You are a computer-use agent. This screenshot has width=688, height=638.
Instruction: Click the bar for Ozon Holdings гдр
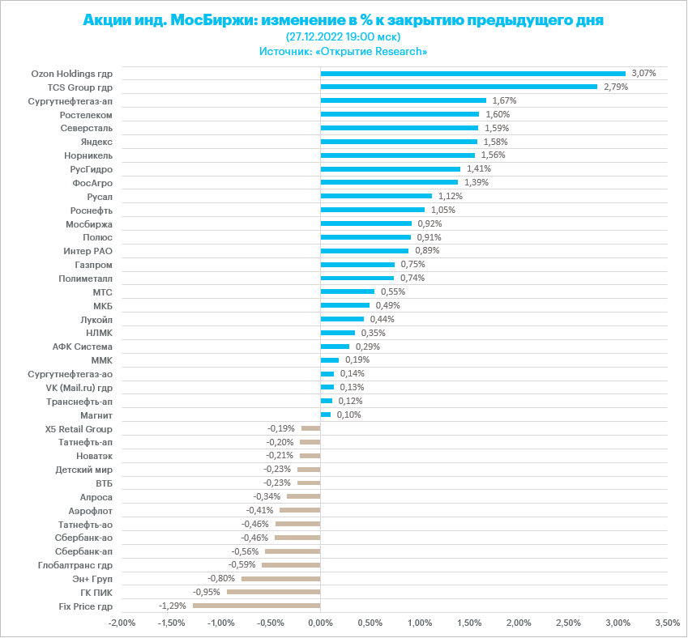pyautogui.click(x=473, y=74)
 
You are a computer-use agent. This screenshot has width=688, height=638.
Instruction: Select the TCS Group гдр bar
pyautogui.click(x=459, y=87)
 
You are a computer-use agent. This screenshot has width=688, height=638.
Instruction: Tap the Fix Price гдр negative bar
pyautogui.click(x=257, y=606)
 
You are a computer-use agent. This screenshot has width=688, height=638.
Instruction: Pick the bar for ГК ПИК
pyautogui.click(x=274, y=592)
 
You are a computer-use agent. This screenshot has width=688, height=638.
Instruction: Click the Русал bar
pyautogui.click(x=376, y=197)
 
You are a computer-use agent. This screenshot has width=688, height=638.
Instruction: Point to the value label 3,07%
pyautogui.click(x=643, y=73)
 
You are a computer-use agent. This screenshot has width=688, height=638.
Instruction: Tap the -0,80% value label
pyautogui.click(x=221, y=578)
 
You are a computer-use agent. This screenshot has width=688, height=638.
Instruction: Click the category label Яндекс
pyautogui.click(x=97, y=142)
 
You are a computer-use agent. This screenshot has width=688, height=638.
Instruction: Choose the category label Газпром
pyautogui.click(x=93, y=265)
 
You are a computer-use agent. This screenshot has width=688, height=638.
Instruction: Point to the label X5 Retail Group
pyautogui.click(x=79, y=428)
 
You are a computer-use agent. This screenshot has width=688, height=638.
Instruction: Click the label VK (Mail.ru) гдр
pyautogui.click(x=79, y=388)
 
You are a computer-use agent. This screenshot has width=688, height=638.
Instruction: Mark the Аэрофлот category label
pyautogui.click(x=91, y=511)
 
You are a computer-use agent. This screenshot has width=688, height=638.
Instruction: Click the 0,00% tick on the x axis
pyautogui.click(x=321, y=623)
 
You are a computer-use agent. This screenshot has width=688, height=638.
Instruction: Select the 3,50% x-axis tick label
pyautogui.click(x=667, y=623)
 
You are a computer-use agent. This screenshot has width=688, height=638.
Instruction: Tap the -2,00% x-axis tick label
pyautogui.click(x=122, y=623)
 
